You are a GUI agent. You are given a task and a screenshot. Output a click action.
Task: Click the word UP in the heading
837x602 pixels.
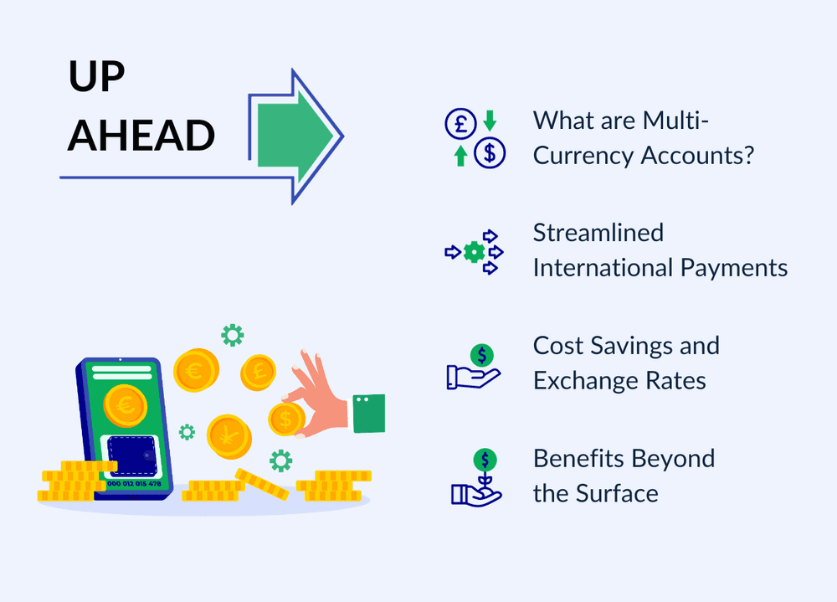coord(96,75)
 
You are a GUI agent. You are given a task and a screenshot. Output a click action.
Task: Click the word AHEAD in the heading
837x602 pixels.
coord(141,135)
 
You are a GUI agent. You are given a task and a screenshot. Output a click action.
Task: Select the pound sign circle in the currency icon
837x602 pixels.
coord(460,123)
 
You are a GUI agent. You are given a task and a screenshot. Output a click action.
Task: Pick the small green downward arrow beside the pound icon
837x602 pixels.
coord(490,121)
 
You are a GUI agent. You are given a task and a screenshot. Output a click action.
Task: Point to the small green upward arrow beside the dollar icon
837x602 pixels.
coord(460,156)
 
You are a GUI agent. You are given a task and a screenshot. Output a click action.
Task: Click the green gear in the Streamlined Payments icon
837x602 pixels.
coord(474,252)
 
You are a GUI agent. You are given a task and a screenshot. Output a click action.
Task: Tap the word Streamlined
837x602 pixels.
coord(598,233)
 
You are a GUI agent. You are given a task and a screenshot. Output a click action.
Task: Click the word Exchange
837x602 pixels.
coord(586,381)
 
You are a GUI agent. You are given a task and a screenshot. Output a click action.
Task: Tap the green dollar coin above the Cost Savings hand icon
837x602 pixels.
coord(482,355)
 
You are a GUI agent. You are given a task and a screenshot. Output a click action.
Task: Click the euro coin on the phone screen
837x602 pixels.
coord(126,405)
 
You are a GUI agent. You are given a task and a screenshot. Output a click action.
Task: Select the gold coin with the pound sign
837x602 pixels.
coord(259,373)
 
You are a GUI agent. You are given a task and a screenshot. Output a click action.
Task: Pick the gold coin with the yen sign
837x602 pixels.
coord(229,436)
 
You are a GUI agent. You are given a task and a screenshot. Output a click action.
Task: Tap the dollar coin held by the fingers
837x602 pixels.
coord(286,419)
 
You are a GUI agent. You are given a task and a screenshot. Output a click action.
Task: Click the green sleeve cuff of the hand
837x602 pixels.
coord(369,414)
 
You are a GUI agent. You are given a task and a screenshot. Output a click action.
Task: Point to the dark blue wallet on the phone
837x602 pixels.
coord(132,455)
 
